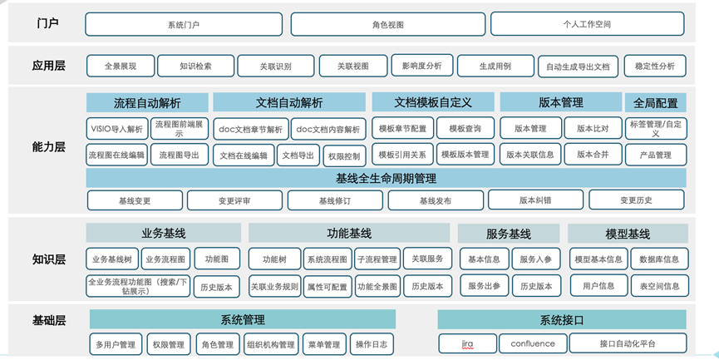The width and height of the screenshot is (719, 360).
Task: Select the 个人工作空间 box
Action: point(588,24)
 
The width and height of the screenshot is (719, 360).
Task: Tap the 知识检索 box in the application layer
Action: point(195,66)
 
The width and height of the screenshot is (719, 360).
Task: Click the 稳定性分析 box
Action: point(655,66)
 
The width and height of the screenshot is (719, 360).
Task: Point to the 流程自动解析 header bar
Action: point(147,103)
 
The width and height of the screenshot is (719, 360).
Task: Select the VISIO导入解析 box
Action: point(117,130)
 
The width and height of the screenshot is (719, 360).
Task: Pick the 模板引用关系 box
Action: point(402,155)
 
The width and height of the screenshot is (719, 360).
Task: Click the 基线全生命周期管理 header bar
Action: point(386,179)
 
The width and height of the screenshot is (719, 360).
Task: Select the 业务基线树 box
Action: point(112,259)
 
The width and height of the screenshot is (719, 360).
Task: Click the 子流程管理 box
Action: point(377,259)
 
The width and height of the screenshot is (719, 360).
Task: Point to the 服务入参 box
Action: point(536,259)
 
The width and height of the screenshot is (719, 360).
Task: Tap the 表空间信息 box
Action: point(659,286)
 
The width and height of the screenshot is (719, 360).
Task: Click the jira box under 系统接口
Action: point(467,343)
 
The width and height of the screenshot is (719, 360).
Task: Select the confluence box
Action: point(533,343)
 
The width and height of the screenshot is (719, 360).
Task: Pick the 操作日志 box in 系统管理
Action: point(372,344)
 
